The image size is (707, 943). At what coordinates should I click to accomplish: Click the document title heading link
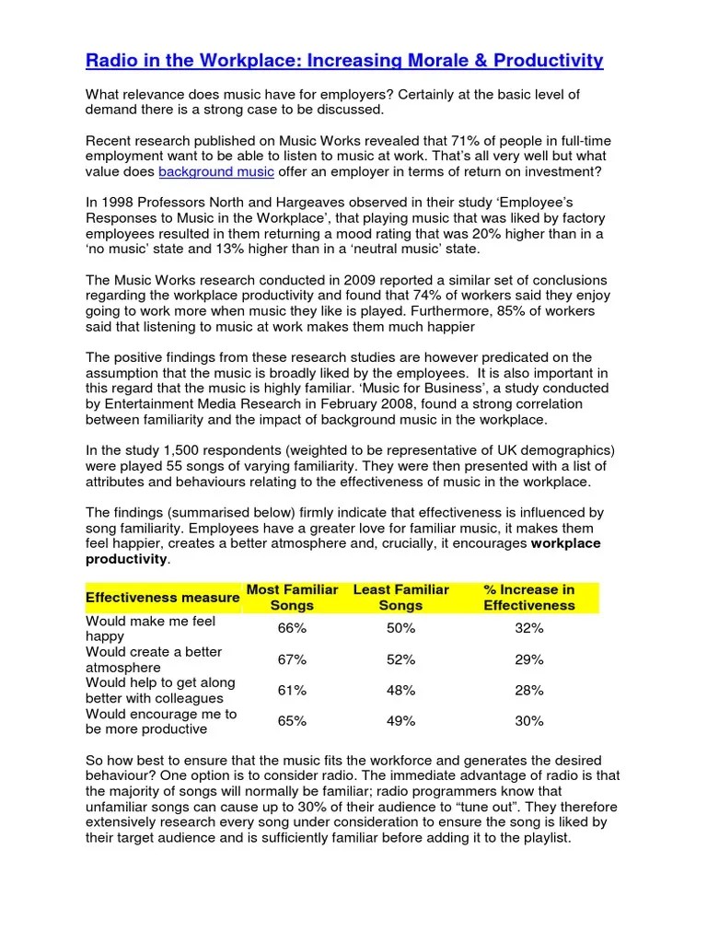pyautogui.click(x=344, y=61)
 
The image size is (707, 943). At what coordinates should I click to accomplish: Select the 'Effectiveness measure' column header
pyautogui.click(x=162, y=598)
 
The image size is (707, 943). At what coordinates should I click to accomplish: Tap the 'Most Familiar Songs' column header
pyautogui.click(x=292, y=597)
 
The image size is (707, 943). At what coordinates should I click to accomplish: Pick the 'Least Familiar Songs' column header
pyautogui.click(x=400, y=597)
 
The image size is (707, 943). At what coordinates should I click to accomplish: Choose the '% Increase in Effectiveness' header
pyautogui.click(x=529, y=597)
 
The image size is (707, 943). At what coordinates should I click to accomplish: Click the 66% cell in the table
pyautogui.click(x=292, y=628)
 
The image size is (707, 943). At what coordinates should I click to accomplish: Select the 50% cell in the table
pyautogui.click(x=400, y=628)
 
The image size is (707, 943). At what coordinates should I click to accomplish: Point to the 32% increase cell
pyautogui.click(x=529, y=628)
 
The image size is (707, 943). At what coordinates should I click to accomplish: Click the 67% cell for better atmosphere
pyautogui.click(x=292, y=659)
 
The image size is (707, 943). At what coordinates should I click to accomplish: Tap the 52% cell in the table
pyautogui.click(x=400, y=659)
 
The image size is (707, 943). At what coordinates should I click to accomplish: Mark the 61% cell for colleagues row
pyautogui.click(x=292, y=691)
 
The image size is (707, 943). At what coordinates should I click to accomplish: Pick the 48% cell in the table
pyautogui.click(x=400, y=691)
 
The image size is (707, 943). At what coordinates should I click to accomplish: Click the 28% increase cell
pyautogui.click(x=529, y=691)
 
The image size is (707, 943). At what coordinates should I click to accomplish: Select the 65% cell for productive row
pyautogui.click(x=292, y=721)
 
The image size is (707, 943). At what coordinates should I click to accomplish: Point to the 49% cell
pyautogui.click(x=400, y=721)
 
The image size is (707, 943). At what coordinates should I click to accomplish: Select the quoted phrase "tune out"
pyautogui.click(x=484, y=807)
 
